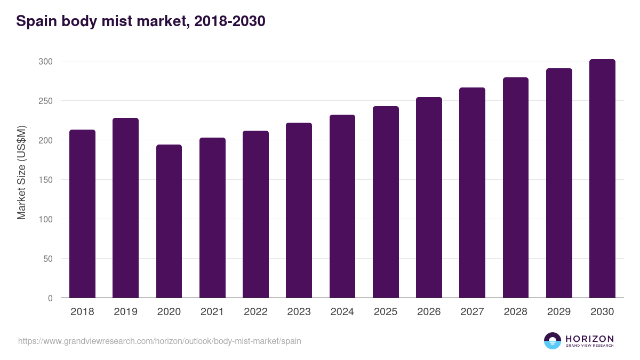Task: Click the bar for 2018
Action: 82,213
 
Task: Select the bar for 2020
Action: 169,221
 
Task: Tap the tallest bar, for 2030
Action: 602,179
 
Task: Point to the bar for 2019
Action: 125,208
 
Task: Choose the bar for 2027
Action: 472,193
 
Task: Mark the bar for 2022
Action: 255,214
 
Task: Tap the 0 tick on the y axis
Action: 50,298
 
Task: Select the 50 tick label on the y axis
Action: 47,259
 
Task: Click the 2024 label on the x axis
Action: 342,312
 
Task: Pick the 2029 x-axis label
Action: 559,312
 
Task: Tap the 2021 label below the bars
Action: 212,312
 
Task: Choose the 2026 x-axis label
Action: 429,312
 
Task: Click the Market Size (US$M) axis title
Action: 21,172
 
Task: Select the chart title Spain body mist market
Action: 141,21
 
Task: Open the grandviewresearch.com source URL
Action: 159,341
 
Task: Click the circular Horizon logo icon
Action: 552,341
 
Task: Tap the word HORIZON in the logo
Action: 589,338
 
